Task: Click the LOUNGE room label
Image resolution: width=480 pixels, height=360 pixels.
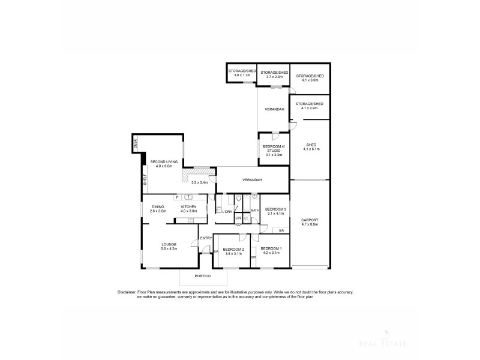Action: pos(168,244)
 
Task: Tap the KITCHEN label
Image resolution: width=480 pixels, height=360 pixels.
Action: pos(189,207)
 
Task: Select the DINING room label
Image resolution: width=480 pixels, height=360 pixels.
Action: pos(158,207)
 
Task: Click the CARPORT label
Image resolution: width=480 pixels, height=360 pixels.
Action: pos(310,220)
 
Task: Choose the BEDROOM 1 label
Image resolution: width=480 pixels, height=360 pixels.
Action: pos(271,248)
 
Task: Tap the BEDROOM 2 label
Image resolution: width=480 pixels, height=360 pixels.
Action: pos(233,249)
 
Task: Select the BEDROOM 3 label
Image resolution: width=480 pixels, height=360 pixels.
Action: pos(276,209)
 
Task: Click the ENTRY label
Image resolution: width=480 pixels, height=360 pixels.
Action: pos(206,238)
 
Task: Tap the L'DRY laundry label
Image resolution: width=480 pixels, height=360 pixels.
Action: pos(227,212)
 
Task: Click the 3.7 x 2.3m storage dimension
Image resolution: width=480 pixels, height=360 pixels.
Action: pos(274,77)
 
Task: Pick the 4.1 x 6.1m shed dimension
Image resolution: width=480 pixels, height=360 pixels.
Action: pos(311,149)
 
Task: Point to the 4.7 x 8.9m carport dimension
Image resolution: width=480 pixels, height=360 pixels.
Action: pos(310,224)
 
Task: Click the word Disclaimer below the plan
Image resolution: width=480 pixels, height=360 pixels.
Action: pos(129,292)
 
